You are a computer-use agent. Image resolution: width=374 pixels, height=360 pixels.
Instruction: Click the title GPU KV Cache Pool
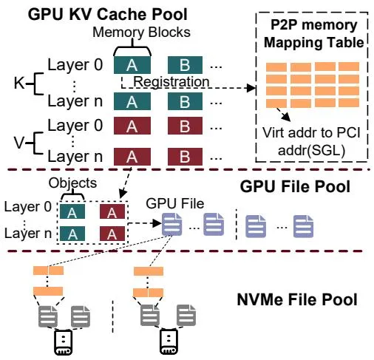108,14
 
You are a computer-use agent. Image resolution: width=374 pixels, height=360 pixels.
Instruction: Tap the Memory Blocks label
141,32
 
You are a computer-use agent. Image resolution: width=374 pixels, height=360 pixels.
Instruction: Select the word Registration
171,81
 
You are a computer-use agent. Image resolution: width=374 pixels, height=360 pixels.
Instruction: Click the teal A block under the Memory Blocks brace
132,65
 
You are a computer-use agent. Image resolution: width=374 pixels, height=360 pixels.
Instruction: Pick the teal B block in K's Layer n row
185,101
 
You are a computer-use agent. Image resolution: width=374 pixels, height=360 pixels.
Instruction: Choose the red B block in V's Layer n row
185,157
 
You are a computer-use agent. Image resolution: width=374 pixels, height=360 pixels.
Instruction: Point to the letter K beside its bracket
19,83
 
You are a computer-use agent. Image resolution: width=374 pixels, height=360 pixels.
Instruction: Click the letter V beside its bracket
19,143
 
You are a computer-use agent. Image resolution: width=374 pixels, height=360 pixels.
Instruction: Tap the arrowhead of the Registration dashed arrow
251,88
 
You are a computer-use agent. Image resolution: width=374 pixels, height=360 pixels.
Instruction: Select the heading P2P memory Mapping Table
313,33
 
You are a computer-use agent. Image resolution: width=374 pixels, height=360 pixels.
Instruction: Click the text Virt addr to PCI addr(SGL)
311,141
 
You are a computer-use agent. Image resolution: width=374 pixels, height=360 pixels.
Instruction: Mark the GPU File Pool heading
295,186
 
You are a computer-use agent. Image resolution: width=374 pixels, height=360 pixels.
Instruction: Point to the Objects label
72,183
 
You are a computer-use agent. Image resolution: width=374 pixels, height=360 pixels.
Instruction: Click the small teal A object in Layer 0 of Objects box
72,211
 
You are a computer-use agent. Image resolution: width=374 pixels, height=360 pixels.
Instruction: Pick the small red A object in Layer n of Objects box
112,234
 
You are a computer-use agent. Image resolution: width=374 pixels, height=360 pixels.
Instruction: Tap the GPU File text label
175,203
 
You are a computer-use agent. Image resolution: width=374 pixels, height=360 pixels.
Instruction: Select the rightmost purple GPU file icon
303,226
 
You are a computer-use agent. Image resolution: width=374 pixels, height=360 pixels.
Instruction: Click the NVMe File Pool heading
297,299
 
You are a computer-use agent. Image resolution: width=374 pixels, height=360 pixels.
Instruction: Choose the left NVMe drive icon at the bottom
63,342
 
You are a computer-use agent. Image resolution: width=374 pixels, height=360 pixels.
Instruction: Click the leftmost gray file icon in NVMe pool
48,316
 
